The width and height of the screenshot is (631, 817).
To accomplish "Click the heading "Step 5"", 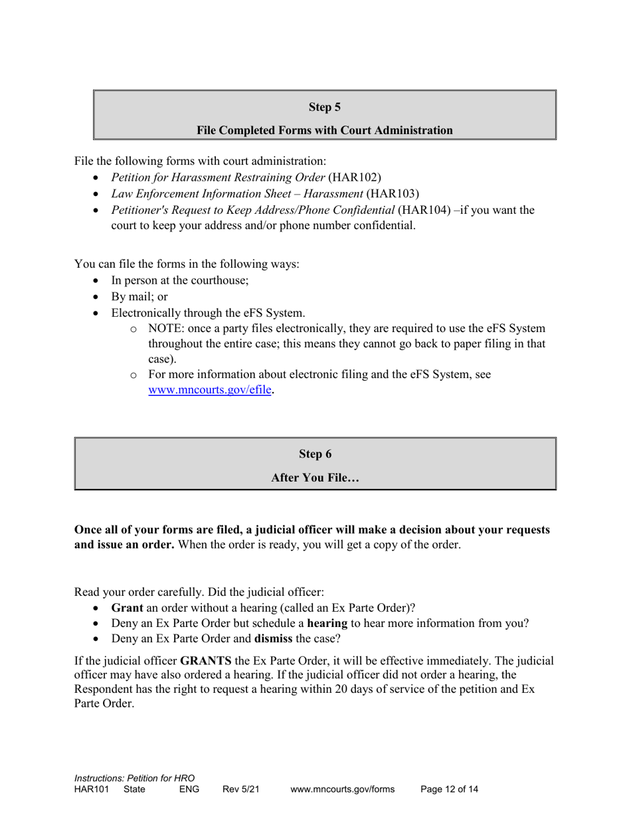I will [x=324, y=107].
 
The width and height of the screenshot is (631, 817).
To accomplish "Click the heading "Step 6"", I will [x=315, y=454].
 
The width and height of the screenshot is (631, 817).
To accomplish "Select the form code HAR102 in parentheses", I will [x=359, y=177].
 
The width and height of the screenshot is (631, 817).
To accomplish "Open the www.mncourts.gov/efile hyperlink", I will [x=210, y=391].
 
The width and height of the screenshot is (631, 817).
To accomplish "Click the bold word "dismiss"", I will [x=274, y=640].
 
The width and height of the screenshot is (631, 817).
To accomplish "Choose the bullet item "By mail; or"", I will [x=139, y=297].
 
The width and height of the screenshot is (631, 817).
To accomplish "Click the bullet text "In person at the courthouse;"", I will [x=180, y=280].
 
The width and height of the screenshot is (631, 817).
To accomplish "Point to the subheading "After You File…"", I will [x=315, y=478].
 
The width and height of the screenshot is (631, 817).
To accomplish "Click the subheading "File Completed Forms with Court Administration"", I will [x=324, y=131].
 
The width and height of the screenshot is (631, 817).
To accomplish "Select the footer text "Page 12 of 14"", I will [x=450, y=790].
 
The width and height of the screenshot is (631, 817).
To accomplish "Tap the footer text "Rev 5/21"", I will [x=240, y=790].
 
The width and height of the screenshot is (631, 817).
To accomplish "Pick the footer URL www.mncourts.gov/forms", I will [x=342, y=790].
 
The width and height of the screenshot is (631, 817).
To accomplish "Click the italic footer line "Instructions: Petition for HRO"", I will [x=134, y=778].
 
